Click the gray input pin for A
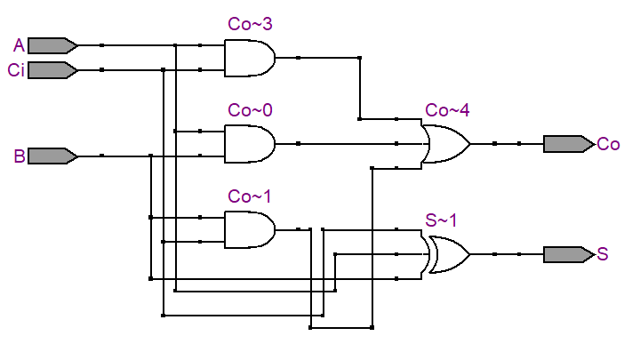coord(52,45)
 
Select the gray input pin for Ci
coord(52,70)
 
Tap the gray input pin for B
coord(52,156)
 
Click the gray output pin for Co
coord(569,144)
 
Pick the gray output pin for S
coord(569,254)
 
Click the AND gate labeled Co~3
coord(250,58)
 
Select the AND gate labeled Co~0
coord(250,144)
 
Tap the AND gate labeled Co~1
coord(250,230)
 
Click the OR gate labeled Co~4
coord(445,144)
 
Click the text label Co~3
coord(250,24)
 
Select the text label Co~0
coord(250,110)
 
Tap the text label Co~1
coord(250,196)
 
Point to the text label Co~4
coord(447,110)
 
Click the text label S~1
coord(441,220)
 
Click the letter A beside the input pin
coord(19,45)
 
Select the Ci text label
coord(16,70)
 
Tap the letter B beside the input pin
coord(20,156)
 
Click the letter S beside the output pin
coord(603,254)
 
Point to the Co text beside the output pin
coord(608,144)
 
